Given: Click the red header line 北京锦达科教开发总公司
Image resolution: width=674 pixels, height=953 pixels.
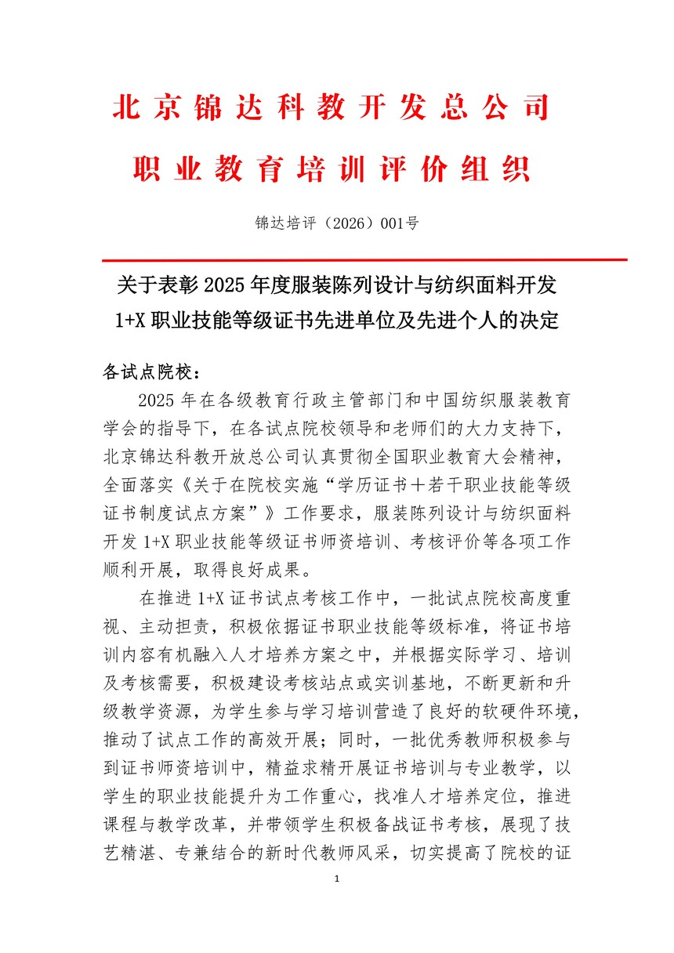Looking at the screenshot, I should coord(331,109).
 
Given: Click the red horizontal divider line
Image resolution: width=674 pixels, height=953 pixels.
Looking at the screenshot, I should coord(364,259).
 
